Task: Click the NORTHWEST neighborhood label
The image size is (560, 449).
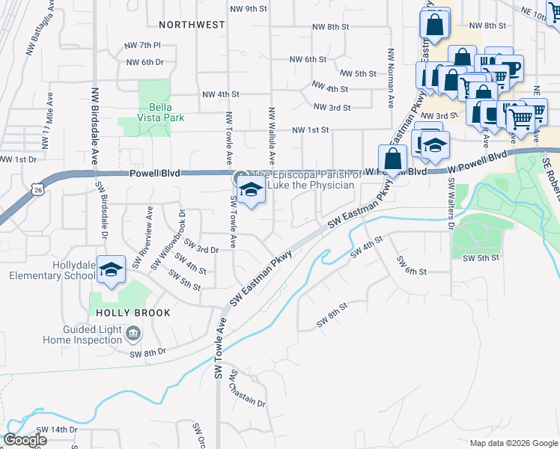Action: [x=191, y=25]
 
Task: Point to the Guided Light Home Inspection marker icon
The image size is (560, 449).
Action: [x=133, y=332]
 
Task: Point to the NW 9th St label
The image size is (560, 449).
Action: [x=249, y=9]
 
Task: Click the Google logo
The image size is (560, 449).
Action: [x=25, y=440]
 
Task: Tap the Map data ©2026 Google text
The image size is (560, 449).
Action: [x=514, y=443]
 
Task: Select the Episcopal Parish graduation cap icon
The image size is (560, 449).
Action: [x=252, y=191]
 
